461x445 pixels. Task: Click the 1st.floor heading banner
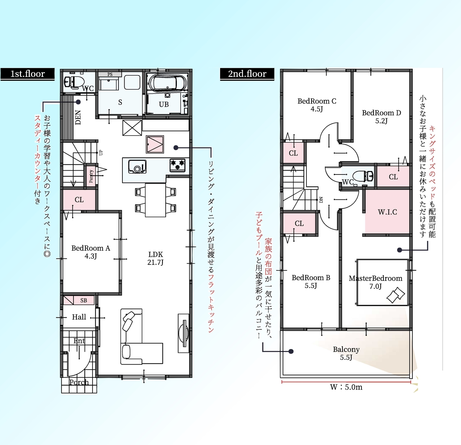pos(27,74)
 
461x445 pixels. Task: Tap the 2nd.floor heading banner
pos(247,74)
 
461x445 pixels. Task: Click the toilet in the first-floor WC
pos(74,81)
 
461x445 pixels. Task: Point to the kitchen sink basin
pos(137,166)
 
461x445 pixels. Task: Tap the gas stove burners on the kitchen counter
pos(178,165)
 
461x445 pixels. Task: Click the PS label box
pos(110,74)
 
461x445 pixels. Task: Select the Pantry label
pos(91,176)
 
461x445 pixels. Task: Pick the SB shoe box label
pos(84,300)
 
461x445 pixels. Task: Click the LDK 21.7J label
pos(155,258)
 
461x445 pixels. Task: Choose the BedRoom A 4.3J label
pos(91,252)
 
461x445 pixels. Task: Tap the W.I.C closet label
pos(387,212)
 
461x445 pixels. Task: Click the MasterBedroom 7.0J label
pos(376,282)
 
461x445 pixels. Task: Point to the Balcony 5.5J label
pos(346,353)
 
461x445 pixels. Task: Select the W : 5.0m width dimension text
pos(346,387)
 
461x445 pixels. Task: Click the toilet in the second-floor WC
pos(362,176)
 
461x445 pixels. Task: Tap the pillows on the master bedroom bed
pos(395,295)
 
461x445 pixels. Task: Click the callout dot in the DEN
pos(78,102)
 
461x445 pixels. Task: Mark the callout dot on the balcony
pos(291,351)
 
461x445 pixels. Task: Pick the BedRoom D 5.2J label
pos(381,117)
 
